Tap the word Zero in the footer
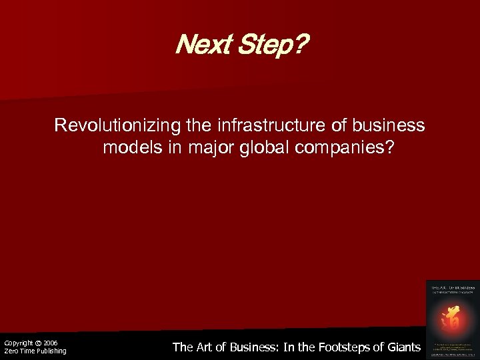point(11,351)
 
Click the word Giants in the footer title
point(405,347)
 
